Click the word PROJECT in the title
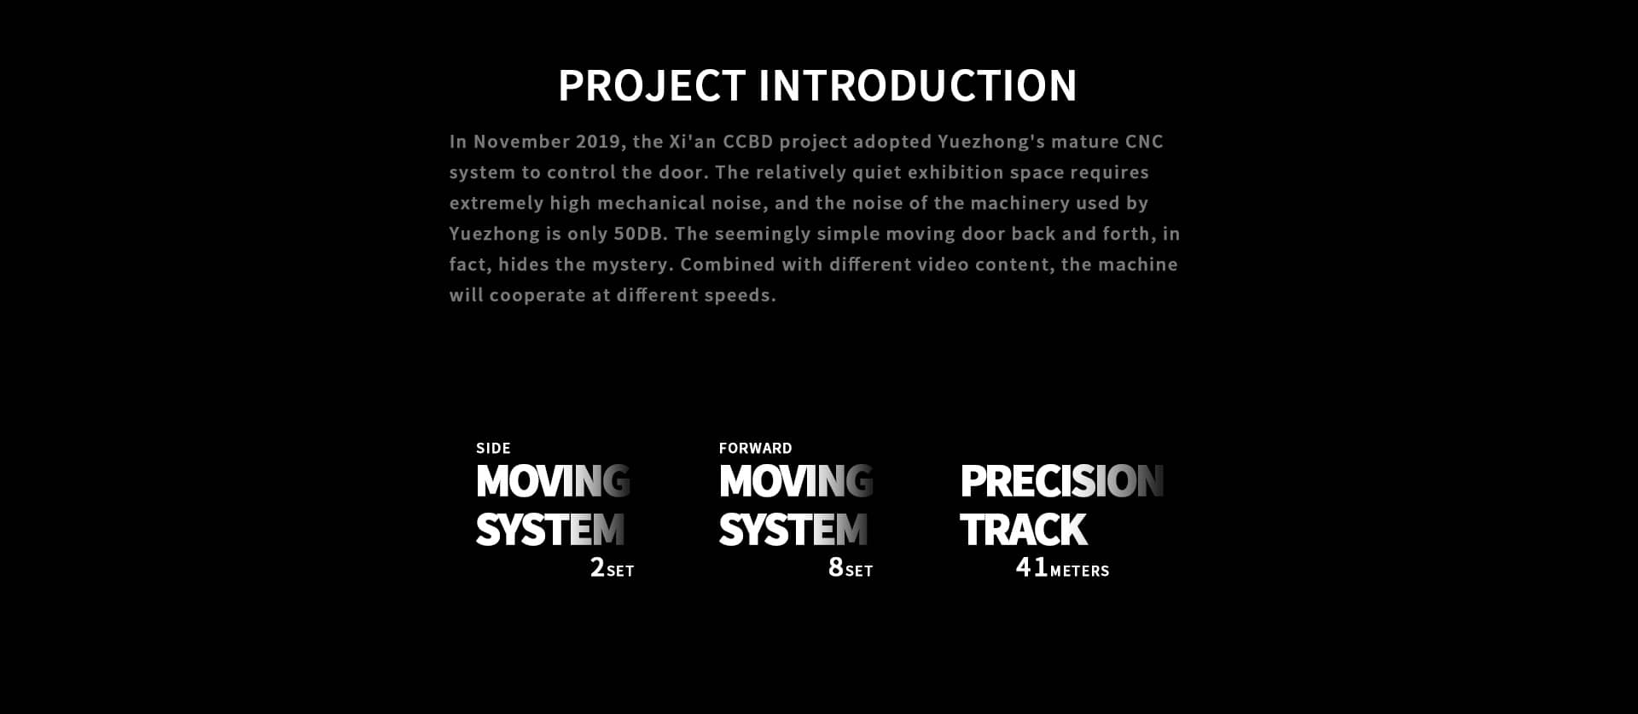(652, 85)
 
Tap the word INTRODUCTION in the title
(918, 85)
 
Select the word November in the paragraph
(521, 142)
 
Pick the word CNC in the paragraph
(1144, 142)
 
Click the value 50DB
(640, 234)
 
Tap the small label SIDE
(493, 449)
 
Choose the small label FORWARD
(755, 449)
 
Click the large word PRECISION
(1062, 481)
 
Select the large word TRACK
(1024, 530)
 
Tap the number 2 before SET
(597, 567)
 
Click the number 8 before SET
(836, 567)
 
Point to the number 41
(1031, 567)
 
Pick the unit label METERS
(1079, 572)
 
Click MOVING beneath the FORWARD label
(796, 481)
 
